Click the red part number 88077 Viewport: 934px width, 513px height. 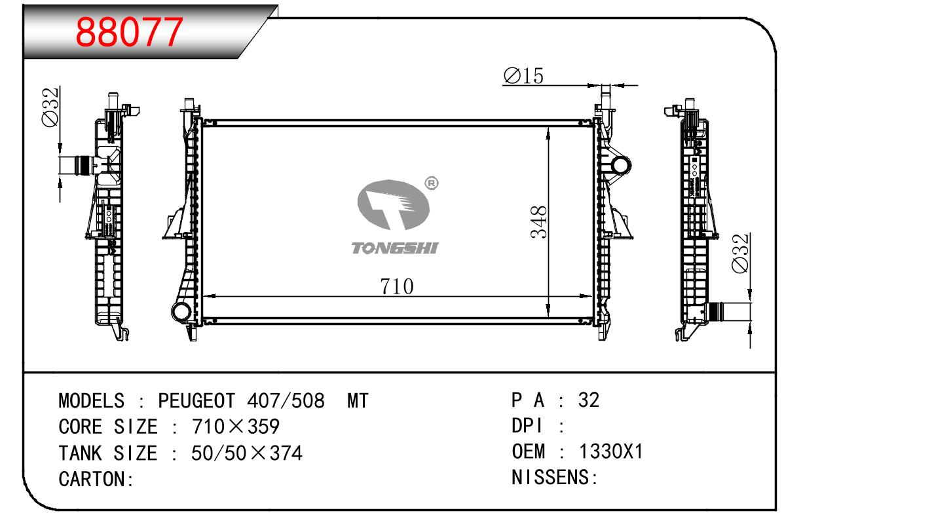tap(129, 31)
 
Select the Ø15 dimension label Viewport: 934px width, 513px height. tap(524, 76)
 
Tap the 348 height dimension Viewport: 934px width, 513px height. tap(538, 222)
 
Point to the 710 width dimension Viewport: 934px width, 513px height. tap(396, 286)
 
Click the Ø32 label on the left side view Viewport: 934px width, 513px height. tap(50, 107)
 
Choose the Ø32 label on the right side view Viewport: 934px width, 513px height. tap(741, 254)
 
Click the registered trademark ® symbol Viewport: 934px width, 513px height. tap(432, 183)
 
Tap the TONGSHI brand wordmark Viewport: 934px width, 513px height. tap(395, 248)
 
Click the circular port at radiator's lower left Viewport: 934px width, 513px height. tap(181, 311)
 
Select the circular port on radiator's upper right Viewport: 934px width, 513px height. tap(621, 166)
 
